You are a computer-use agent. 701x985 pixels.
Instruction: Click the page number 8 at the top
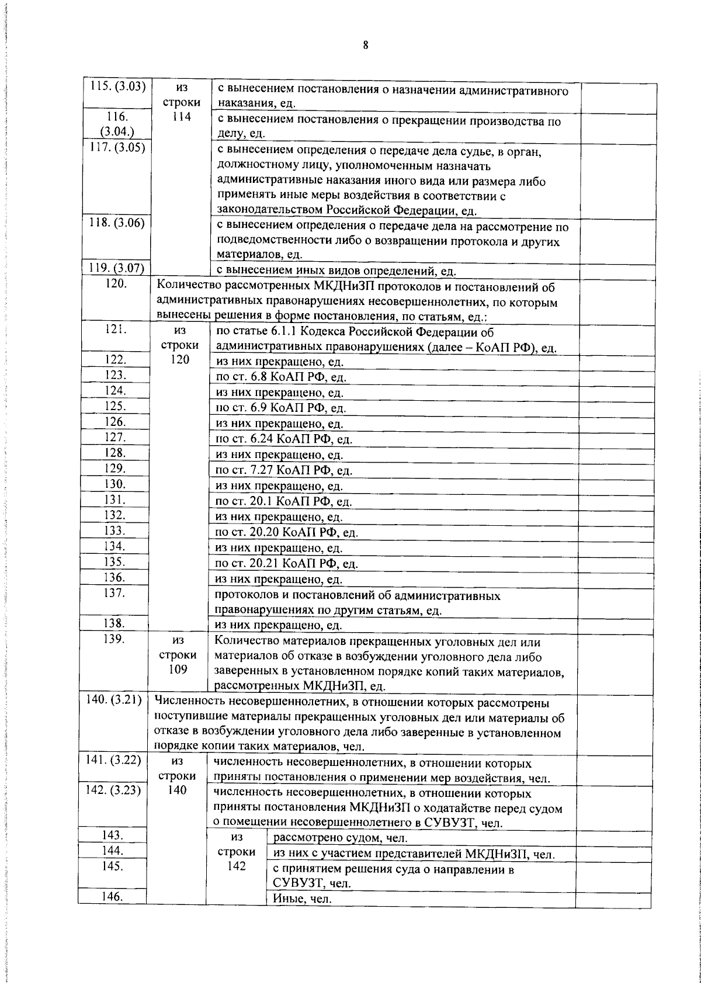[x=365, y=46]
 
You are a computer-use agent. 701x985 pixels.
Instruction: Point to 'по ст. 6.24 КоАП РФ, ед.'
[x=283, y=439]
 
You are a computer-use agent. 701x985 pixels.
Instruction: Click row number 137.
[x=115, y=593]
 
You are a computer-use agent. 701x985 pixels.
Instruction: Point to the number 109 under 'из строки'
[x=178, y=670]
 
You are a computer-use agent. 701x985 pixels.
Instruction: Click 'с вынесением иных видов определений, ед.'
[x=335, y=271]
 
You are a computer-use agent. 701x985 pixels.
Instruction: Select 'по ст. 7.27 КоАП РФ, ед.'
[x=283, y=470]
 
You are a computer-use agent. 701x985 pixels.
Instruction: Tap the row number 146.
[x=112, y=897]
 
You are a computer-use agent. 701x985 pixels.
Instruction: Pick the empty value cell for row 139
[x=614, y=663]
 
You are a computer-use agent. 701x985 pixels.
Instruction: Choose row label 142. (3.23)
[x=114, y=790]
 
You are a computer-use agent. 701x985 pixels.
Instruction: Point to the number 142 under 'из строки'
[x=236, y=866]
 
